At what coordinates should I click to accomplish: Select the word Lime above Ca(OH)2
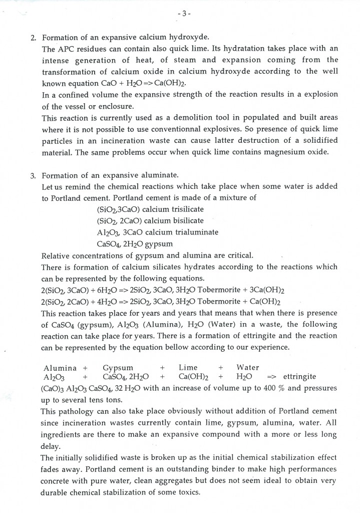point(188,367)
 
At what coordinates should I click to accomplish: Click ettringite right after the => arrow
point(299,377)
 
